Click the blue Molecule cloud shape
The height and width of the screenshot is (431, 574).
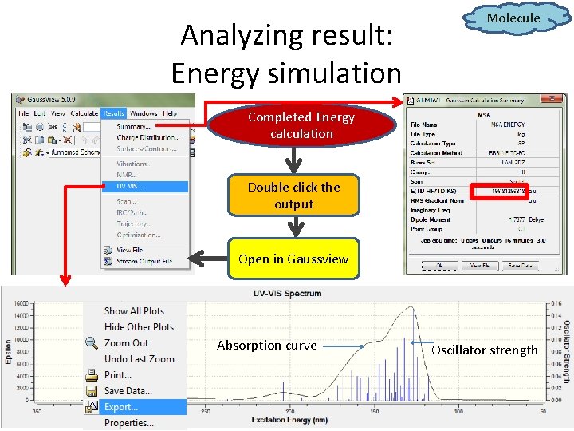click(x=513, y=18)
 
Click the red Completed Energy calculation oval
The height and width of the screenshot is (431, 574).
click(x=301, y=125)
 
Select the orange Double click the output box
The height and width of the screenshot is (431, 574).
click(x=293, y=196)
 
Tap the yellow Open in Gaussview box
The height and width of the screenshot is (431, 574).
click(x=293, y=259)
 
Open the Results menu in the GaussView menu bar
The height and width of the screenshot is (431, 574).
click(x=113, y=113)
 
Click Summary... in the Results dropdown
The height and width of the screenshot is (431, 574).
click(x=133, y=126)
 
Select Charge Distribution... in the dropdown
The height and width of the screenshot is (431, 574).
click(x=147, y=137)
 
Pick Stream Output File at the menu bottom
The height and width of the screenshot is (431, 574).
click(x=143, y=261)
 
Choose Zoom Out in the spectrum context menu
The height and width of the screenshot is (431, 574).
click(x=126, y=343)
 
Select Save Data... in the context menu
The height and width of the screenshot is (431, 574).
click(x=128, y=391)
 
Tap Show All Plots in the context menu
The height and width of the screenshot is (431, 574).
click(x=134, y=311)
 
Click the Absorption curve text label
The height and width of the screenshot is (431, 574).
click(x=266, y=346)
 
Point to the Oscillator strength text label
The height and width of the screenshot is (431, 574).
click(x=485, y=350)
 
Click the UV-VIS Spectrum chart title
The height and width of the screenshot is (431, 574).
click(x=288, y=293)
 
